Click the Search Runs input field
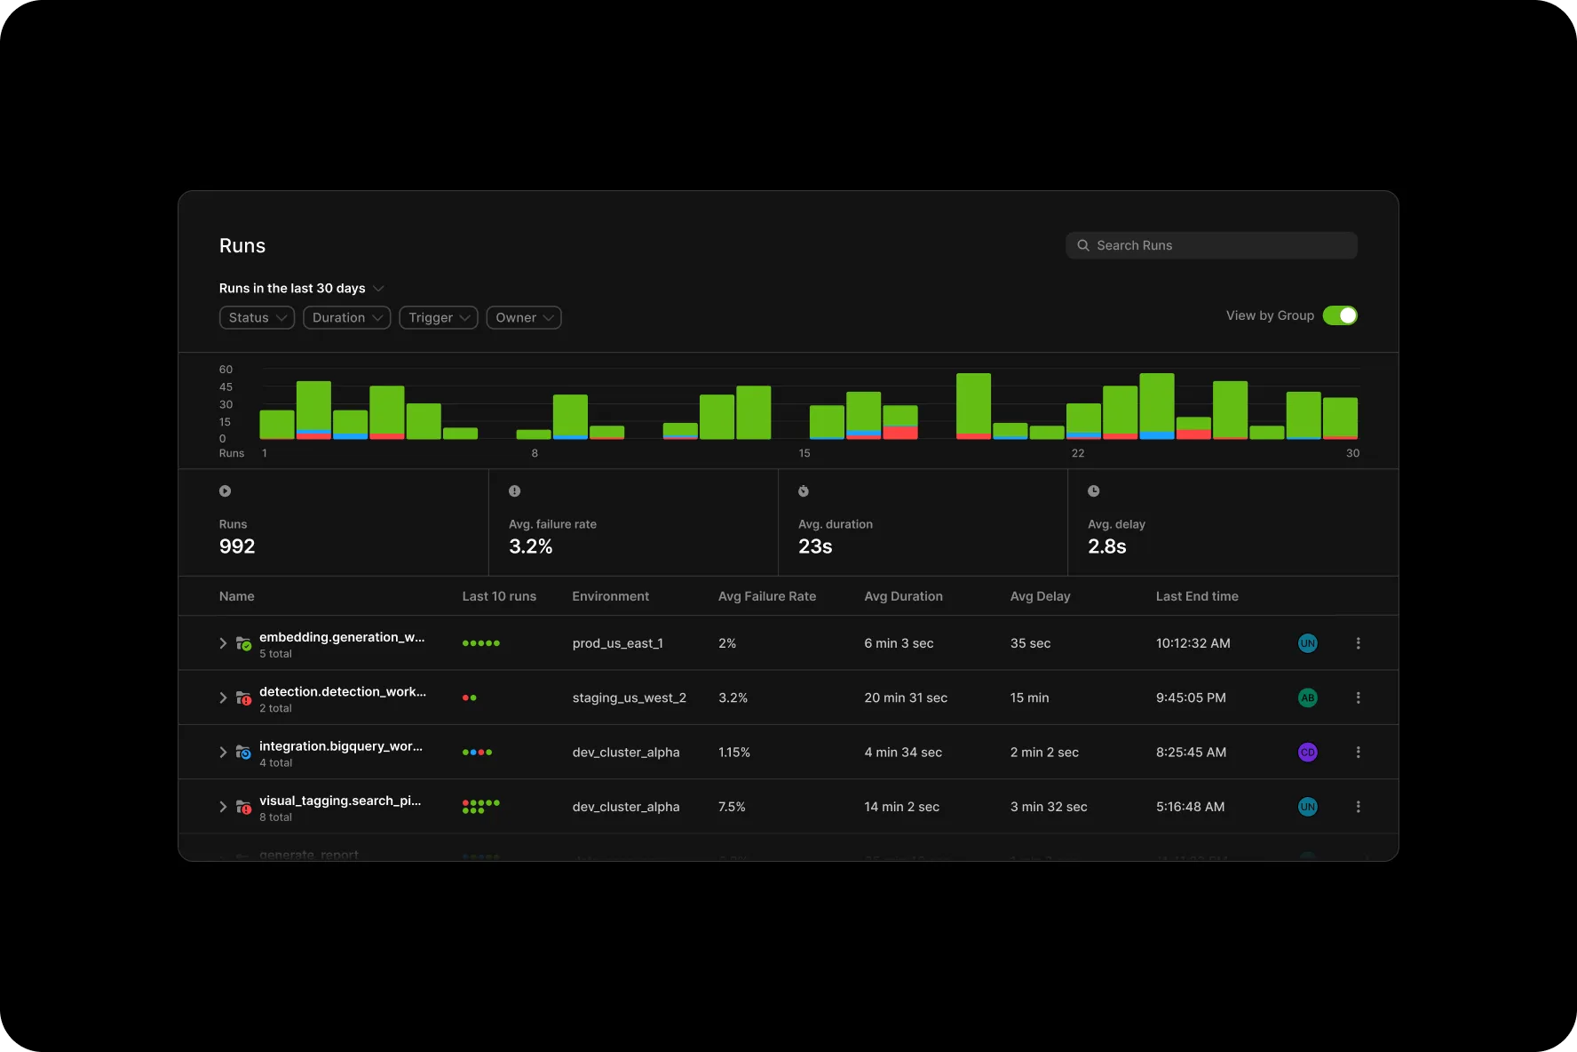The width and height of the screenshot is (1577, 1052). pos(1211,245)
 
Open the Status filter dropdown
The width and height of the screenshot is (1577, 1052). pos(257,317)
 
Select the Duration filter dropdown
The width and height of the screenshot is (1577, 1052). pos(346,317)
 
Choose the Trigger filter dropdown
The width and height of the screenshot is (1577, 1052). pos(439,317)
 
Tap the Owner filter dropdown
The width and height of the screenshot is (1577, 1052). pos(524,317)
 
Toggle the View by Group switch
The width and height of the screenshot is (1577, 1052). pos(1339,315)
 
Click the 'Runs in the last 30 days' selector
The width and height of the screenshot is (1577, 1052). pos(301,288)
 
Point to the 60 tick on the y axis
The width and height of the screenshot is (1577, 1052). pos(226,370)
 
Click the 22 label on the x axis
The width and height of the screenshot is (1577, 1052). pos(1077,453)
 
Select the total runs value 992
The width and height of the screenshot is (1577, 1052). pos(237,546)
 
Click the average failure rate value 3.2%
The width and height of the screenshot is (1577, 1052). pos(530,546)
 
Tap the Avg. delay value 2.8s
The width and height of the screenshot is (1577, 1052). pos(1106,546)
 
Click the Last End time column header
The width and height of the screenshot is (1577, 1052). pos(1196,596)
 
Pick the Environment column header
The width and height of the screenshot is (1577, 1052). pos(610,596)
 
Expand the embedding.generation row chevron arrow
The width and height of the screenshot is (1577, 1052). pos(223,643)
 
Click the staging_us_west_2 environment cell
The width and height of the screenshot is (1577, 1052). pos(629,697)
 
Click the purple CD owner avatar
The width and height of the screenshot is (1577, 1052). pos(1307,752)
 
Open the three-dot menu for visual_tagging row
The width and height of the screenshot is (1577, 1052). pos(1358,807)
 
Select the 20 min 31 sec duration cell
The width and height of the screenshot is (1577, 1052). pos(905,697)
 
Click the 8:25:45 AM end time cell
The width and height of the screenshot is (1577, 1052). pos(1191,752)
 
